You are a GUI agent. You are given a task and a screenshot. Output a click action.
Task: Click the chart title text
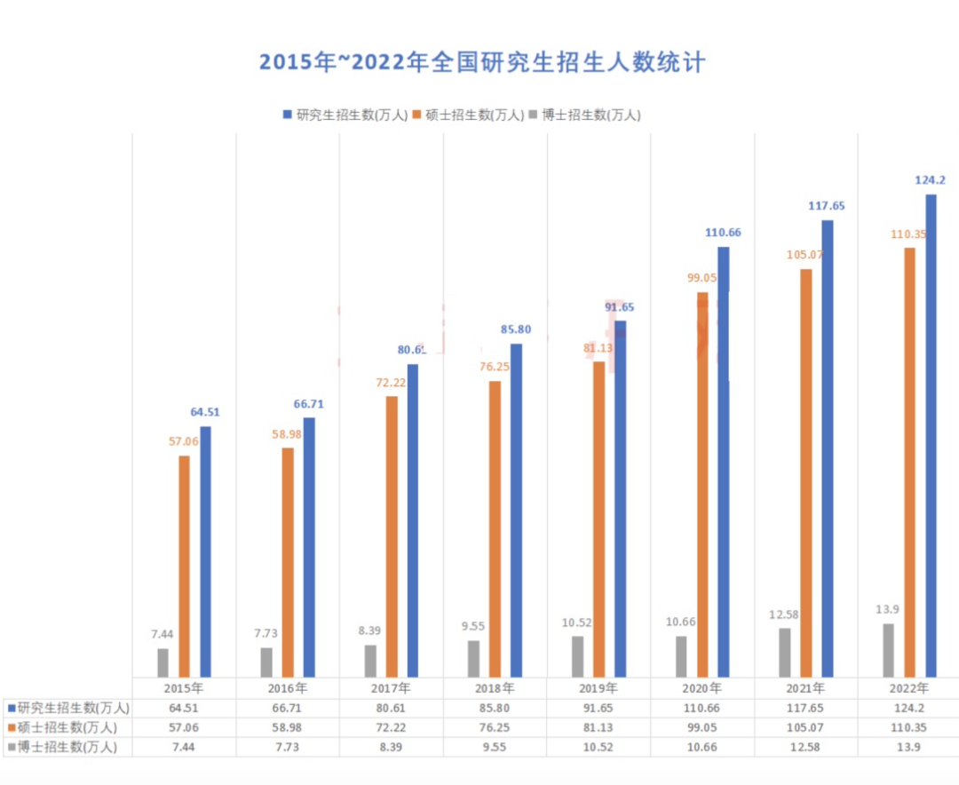[481, 62]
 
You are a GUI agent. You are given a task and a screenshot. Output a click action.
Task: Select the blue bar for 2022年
[931, 435]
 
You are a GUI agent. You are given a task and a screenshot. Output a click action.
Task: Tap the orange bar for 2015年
[185, 566]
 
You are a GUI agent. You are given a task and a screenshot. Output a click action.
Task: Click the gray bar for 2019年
[578, 656]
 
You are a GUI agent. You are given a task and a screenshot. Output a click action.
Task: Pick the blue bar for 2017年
[413, 520]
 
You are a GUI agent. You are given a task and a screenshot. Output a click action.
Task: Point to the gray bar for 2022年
[888, 650]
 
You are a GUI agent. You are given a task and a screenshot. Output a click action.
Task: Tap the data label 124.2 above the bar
[930, 180]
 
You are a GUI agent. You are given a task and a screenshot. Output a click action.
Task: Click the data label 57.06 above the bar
[184, 441]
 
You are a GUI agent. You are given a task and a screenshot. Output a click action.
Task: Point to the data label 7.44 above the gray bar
[162, 634]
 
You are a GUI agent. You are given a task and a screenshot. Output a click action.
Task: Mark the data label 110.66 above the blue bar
[723, 233]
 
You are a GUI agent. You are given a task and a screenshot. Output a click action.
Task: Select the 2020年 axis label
[702, 687]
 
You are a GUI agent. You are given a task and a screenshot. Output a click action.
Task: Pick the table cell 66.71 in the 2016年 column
[288, 708]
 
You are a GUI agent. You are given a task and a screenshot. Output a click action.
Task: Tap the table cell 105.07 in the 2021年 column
[806, 727]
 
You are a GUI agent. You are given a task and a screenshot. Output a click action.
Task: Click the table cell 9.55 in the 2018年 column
[495, 747]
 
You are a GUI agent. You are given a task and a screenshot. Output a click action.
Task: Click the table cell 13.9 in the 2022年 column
[909, 747]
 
